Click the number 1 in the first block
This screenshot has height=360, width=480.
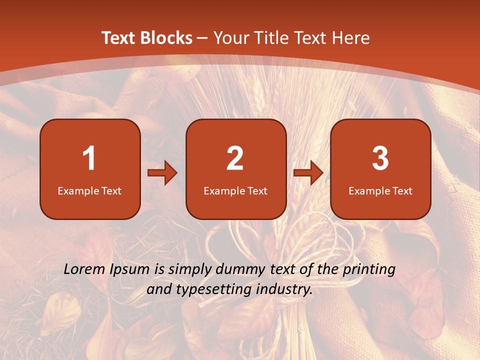[89, 158]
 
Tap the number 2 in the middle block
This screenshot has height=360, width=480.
[235, 158]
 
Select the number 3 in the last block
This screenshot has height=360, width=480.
[380, 158]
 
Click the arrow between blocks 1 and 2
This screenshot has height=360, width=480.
[162, 173]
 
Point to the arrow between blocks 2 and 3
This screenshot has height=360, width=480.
[308, 173]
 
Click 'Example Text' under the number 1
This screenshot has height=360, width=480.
[89, 191]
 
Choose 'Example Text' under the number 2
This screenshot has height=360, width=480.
[235, 191]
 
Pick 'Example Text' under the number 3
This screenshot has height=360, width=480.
[380, 191]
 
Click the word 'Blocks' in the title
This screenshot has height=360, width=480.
[167, 38]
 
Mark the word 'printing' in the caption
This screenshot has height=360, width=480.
[368, 270]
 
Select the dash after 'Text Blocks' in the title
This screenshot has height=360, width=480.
[202, 38]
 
